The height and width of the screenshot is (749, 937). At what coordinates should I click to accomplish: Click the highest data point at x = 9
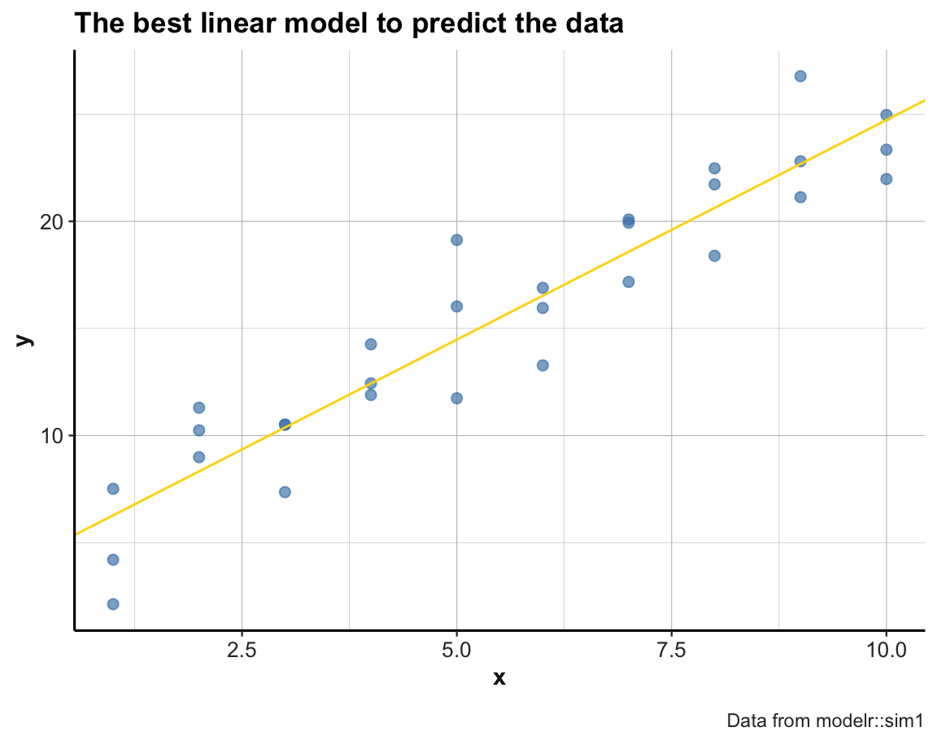(x=800, y=76)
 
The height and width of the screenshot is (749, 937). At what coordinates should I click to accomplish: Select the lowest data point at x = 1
(x=113, y=603)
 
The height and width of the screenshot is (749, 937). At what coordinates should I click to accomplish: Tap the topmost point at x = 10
(x=886, y=115)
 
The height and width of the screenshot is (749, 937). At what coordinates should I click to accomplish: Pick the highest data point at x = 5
(x=456, y=240)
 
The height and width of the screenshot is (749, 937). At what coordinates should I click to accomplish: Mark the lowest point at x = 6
(x=543, y=365)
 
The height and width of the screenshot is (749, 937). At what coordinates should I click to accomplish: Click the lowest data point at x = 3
(x=285, y=492)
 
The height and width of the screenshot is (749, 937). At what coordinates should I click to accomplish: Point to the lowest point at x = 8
(x=714, y=255)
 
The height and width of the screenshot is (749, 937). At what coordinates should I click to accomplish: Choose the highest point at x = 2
(x=198, y=407)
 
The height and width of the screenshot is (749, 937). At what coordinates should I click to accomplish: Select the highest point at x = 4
(x=371, y=344)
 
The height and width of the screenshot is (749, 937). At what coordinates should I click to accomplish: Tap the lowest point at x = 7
(x=628, y=282)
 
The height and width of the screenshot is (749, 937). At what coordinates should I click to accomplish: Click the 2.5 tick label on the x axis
(x=242, y=651)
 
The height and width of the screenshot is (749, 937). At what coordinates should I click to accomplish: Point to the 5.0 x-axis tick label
(x=456, y=651)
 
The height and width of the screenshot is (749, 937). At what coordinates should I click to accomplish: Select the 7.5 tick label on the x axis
(x=671, y=651)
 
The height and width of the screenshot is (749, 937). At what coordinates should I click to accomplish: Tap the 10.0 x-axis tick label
(x=886, y=651)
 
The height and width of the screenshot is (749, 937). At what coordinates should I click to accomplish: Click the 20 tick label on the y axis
(x=52, y=221)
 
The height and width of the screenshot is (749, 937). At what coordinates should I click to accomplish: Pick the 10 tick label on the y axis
(x=52, y=435)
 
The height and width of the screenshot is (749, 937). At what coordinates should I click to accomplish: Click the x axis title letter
(x=499, y=677)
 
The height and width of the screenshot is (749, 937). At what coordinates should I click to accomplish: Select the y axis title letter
(x=26, y=340)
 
